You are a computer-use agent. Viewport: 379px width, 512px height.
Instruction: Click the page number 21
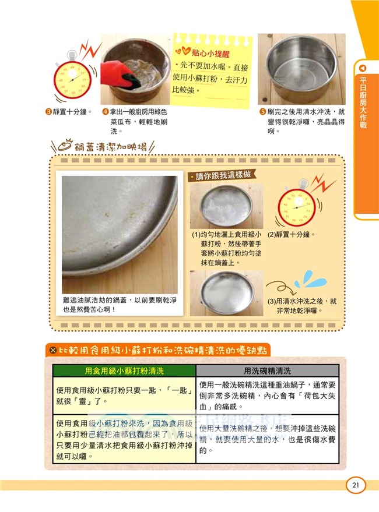[355, 486]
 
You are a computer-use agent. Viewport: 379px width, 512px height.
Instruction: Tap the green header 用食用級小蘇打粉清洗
[124, 370]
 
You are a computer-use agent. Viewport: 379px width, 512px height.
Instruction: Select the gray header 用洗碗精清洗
[267, 370]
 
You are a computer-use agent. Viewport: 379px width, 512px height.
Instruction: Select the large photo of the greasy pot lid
[120, 233]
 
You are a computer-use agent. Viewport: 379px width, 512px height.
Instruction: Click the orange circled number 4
[105, 111]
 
